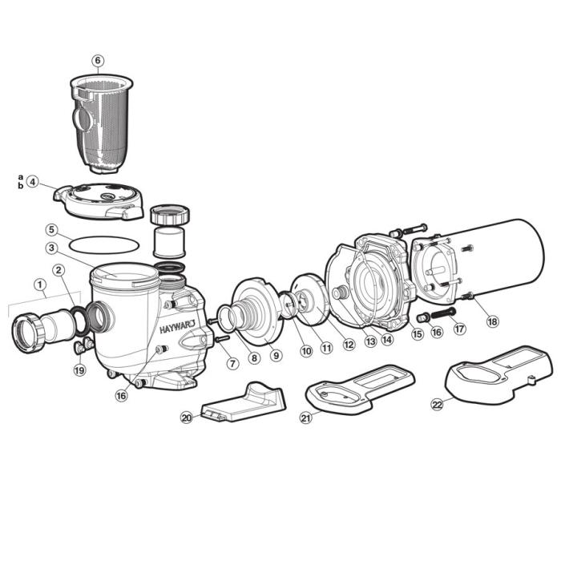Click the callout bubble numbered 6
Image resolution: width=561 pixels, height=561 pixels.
[x=98, y=60]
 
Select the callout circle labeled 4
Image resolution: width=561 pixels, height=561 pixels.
[x=32, y=181]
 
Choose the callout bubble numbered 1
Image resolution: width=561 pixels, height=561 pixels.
[x=39, y=283]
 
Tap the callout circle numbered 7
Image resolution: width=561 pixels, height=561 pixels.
[x=232, y=363]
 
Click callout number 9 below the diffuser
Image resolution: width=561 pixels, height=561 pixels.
[x=276, y=355]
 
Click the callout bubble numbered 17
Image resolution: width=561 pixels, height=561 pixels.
[x=459, y=327]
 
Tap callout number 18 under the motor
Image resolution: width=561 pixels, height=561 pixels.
[x=491, y=321]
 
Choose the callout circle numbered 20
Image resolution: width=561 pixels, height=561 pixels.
[x=186, y=418]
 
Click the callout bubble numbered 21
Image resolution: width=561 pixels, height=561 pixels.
[x=305, y=417]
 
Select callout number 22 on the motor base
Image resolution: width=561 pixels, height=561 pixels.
[x=437, y=405]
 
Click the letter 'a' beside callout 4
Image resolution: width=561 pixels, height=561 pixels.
[x=21, y=176]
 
